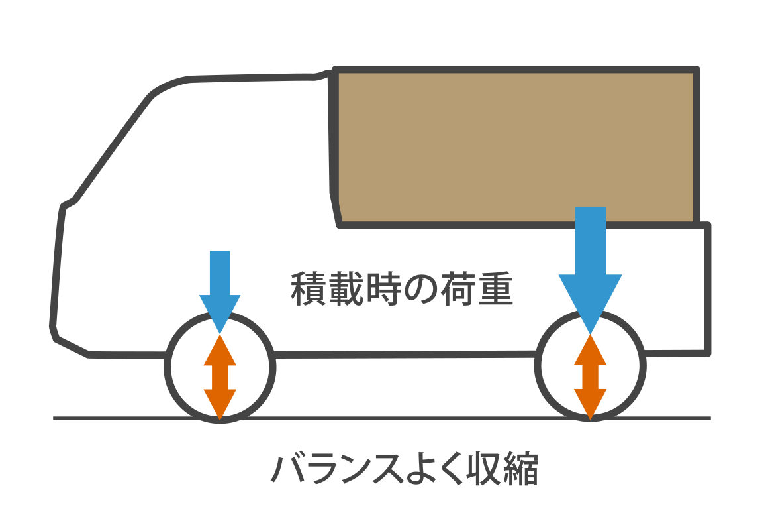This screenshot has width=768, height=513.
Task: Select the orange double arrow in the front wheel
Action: [220, 377]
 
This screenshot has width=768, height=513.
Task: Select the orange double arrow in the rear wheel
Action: [590, 377]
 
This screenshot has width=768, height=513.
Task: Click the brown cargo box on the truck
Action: [516, 146]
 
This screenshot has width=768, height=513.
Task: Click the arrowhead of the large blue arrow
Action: [590, 302]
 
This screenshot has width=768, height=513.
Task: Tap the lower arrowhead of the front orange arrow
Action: [220, 404]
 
